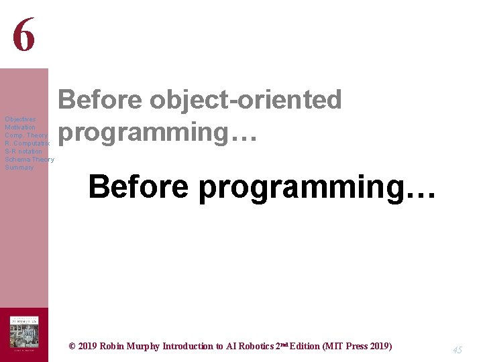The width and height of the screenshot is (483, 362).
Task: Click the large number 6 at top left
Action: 23,34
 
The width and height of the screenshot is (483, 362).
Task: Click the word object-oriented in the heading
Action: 246,100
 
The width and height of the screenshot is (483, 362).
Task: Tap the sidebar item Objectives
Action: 20,119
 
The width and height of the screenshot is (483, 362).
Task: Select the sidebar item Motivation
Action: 20,127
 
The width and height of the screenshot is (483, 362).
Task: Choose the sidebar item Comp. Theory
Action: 26,135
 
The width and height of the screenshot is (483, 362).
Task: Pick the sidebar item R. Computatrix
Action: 27,143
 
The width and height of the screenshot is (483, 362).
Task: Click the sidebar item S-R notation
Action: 23,152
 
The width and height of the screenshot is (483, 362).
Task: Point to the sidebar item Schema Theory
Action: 30,160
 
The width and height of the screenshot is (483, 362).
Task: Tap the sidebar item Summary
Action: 19,168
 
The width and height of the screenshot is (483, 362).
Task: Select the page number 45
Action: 458,350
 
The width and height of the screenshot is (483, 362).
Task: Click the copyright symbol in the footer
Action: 72,347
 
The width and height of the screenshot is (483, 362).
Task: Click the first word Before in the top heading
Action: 101,100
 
